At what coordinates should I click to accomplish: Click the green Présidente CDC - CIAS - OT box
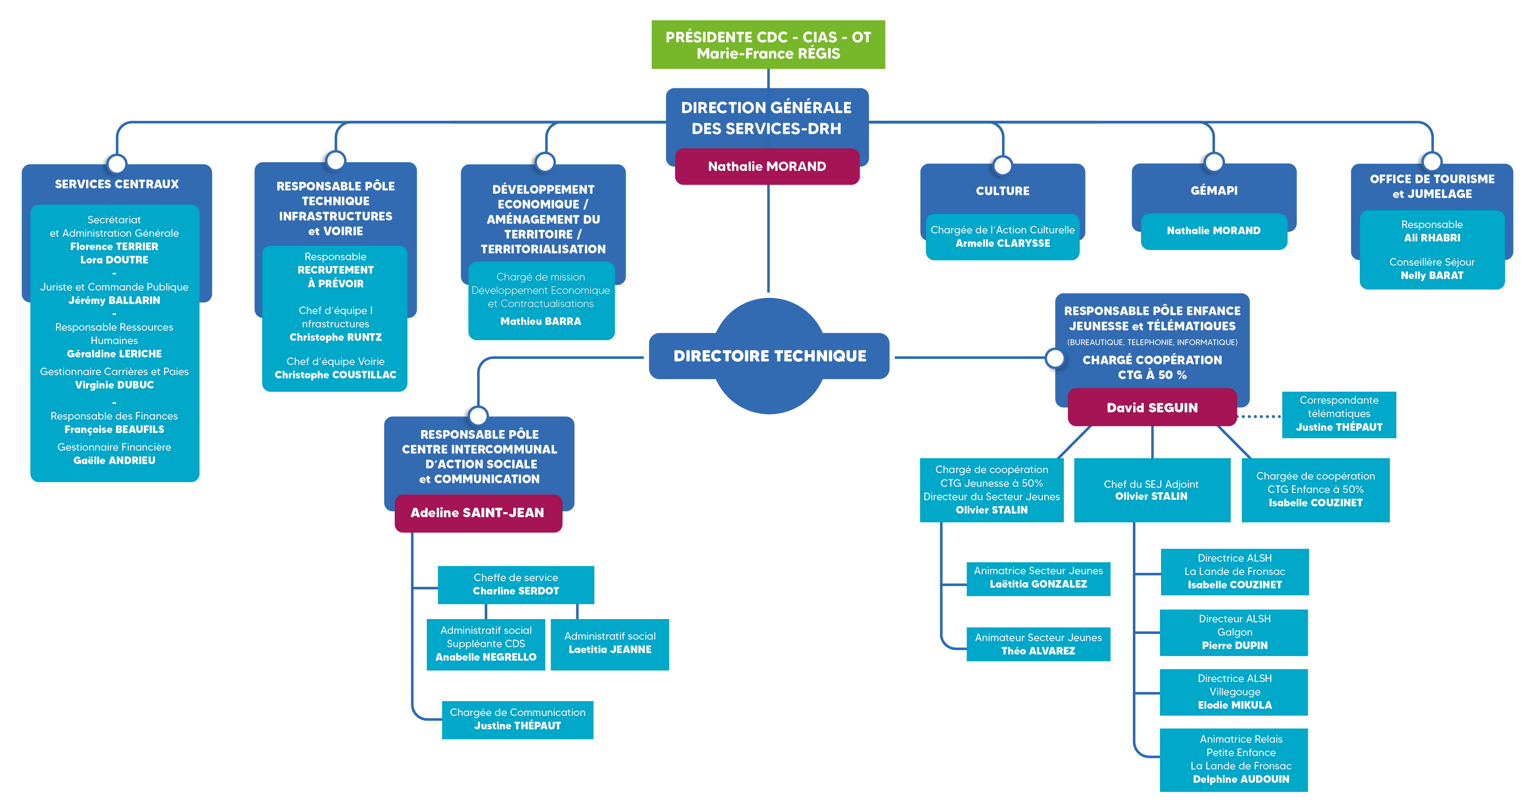[x=768, y=45]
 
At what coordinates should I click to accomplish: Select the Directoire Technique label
[x=770, y=356]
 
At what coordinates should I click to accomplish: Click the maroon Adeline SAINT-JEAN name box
[x=478, y=512]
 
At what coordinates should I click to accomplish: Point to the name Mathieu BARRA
[x=540, y=321]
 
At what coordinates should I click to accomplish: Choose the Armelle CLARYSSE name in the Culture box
[x=1002, y=243]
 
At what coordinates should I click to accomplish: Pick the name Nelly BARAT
[x=1432, y=275]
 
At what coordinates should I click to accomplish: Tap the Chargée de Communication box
[x=517, y=720]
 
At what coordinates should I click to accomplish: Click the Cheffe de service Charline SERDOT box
[x=516, y=585]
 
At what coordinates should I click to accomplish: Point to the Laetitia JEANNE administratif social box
[x=610, y=644]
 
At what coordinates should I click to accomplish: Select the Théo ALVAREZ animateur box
[x=1038, y=644]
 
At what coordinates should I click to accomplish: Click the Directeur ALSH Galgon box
[x=1234, y=632]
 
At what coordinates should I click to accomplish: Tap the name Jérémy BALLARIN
[x=114, y=300]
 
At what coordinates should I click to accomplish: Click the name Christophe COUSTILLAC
[x=335, y=375]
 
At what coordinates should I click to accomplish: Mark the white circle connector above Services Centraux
[x=116, y=163]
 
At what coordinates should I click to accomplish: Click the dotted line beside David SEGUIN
[x=1259, y=417]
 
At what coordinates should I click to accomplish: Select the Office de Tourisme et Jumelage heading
[x=1432, y=186]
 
